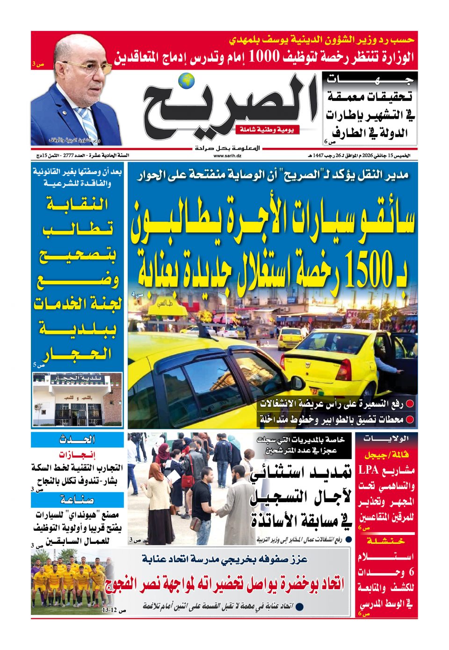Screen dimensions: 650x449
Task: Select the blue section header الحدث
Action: pyautogui.click(x=78, y=440)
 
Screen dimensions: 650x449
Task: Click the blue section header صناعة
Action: pyautogui.click(x=78, y=500)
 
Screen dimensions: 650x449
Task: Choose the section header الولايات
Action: pyautogui.click(x=386, y=439)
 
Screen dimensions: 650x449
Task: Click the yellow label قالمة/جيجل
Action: pyautogui.click(x=386, y=455)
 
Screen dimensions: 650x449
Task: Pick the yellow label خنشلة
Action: pyautogui.click(x=386, y=541)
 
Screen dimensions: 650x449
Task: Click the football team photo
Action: pyautogui.click(x=70, y=580)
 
